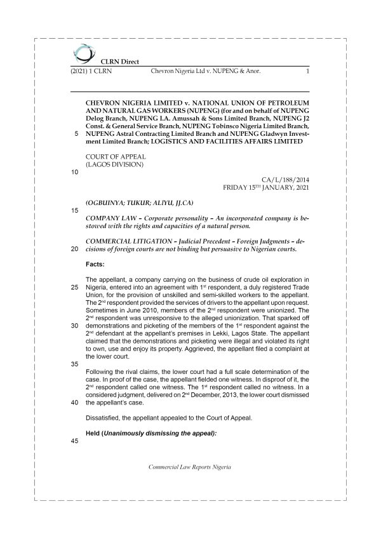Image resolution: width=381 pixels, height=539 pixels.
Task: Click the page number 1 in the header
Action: pyautogui.click(x=307, y=72)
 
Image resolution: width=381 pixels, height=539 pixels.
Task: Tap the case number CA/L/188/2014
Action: pyautogui.click(x=285, y=180)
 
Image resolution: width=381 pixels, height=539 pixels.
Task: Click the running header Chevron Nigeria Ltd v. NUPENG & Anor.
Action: pyautogui.click(x=206, y=72)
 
